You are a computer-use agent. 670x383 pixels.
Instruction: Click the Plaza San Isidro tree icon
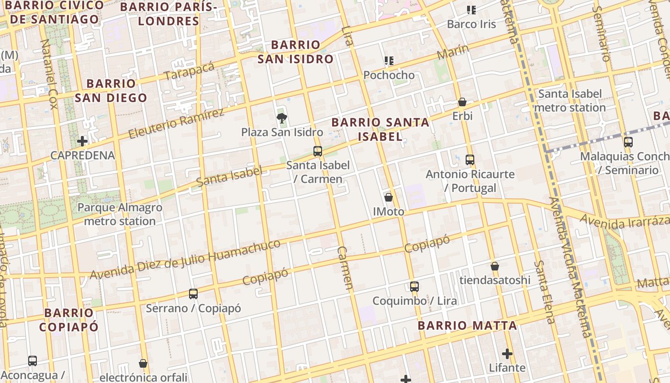pos(282,117)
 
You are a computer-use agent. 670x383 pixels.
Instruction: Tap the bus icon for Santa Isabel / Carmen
pos(317,151)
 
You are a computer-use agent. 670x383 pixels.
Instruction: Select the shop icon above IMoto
pos(389,197)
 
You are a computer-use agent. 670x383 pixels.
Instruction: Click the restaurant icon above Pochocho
pos(389,61)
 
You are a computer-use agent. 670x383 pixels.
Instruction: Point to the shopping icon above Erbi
pos(462,102)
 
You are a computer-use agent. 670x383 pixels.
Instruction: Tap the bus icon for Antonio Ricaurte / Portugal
pos(469,160)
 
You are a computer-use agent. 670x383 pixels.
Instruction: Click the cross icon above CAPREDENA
pos(82,141)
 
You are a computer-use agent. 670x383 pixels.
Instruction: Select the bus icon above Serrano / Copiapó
pos(193,294)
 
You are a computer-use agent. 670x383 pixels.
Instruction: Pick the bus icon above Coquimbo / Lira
pos(414,287)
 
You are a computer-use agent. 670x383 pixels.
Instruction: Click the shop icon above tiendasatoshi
pos(495,266)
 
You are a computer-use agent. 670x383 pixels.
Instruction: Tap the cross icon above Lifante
pos(507,354)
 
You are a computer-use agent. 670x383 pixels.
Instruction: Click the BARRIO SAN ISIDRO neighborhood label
pos(295,52)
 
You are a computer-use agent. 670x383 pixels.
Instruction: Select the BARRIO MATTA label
pos(467,326)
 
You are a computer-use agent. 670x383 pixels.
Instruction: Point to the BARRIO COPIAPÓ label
pos(69,320)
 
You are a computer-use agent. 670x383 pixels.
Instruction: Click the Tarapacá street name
pos(189,71)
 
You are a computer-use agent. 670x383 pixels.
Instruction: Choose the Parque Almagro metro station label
pos(120,214)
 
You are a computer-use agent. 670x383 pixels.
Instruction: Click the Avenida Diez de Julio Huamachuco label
pos(185,259)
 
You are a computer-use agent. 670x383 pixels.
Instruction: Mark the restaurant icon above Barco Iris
pos(471,10)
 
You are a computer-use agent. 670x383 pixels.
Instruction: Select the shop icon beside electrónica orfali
pos(143,363)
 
